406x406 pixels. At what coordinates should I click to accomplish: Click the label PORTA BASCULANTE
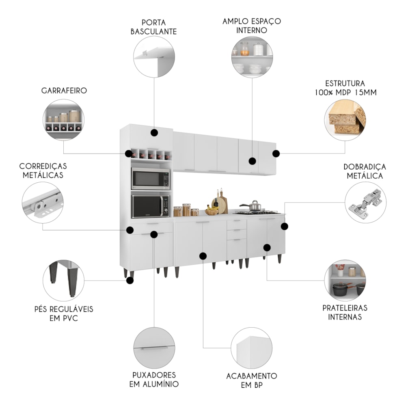pos(153,26)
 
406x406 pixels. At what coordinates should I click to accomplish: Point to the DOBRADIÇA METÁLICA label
pos(365,171)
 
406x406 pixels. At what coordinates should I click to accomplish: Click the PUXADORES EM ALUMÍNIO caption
pos(154,379)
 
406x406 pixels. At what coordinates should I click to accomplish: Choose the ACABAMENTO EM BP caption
pos(251,380)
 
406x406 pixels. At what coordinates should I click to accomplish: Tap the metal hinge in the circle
pos(365,202)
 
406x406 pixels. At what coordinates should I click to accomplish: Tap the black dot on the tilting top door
pos(154,133)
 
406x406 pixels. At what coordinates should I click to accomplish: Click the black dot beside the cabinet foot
pos(130,280)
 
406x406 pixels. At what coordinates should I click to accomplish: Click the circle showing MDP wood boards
pos(345,120)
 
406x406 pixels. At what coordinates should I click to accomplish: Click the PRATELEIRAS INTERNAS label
pos(345,312)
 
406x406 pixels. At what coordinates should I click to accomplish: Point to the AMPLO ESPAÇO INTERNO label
pos(252,25)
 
